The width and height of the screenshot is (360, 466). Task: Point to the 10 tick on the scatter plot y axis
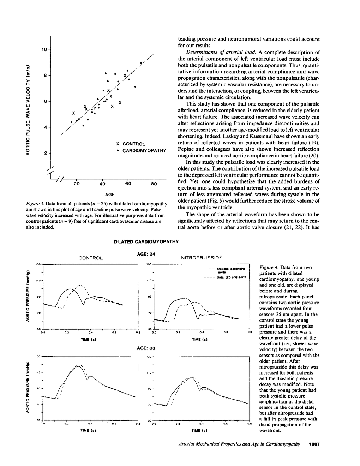[44, 49]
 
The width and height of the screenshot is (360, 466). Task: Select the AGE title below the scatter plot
[110, 195]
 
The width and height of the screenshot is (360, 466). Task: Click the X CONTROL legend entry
[131, 144]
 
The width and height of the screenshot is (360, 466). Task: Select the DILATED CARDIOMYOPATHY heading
[146, 242]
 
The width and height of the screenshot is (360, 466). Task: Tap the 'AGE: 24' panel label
[146, 254]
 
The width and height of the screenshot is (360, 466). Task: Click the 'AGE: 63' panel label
[146, 348]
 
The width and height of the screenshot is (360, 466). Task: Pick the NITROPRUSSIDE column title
[202, 258]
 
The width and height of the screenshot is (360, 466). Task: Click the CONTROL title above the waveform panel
[90, 258]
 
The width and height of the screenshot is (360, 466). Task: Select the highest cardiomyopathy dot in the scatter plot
[141, 63]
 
